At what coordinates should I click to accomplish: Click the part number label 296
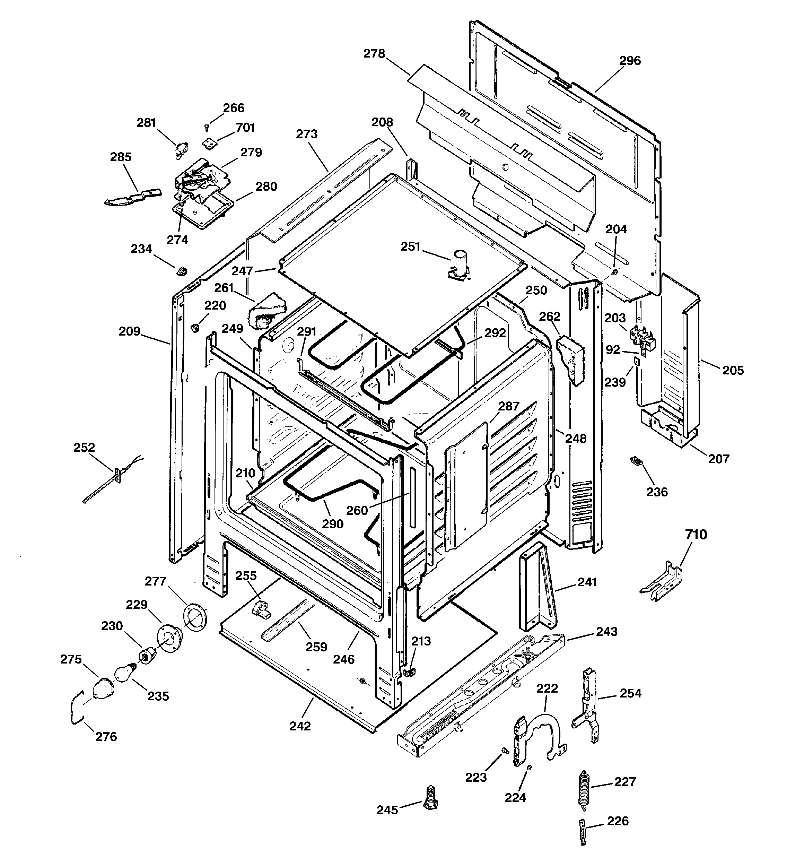coord(630,61)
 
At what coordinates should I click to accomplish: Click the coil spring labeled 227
coord(584,788)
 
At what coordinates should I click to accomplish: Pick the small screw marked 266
coord(207,127)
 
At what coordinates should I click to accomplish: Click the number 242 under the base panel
coord(300,726)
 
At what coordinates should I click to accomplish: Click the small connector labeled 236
coord(636,461)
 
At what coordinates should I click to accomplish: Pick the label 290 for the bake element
coord(332,524)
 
